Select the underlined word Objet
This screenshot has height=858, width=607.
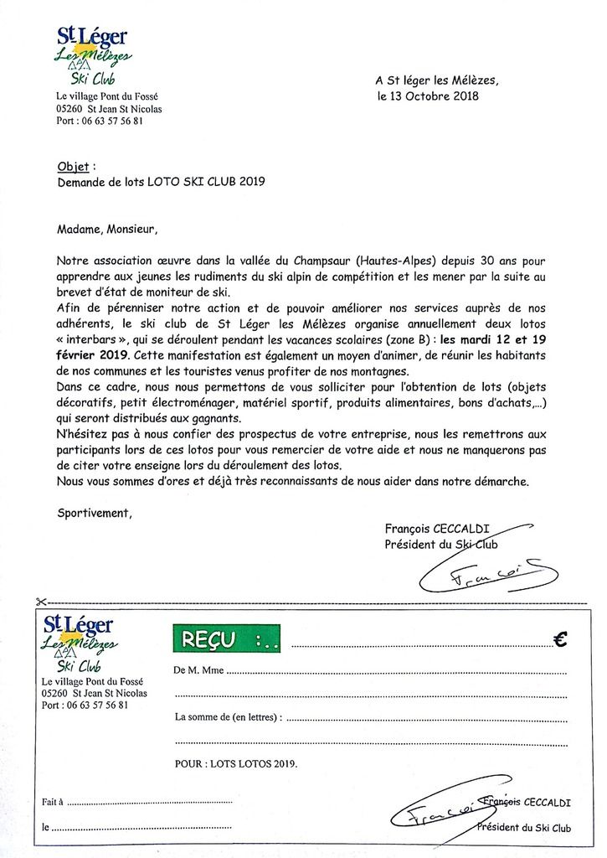tap(73, 167)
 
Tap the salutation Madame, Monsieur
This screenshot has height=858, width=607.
tap(106, 227)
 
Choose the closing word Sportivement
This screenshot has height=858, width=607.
tap(95, 512)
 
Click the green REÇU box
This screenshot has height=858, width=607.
tap(226, 641)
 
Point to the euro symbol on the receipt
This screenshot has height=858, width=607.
tap(561, 639)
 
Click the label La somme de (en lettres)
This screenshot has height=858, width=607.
tap(228, 717)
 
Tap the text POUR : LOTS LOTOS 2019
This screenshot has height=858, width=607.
tap(235, 764)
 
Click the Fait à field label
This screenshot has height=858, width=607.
tap(53, 802)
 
